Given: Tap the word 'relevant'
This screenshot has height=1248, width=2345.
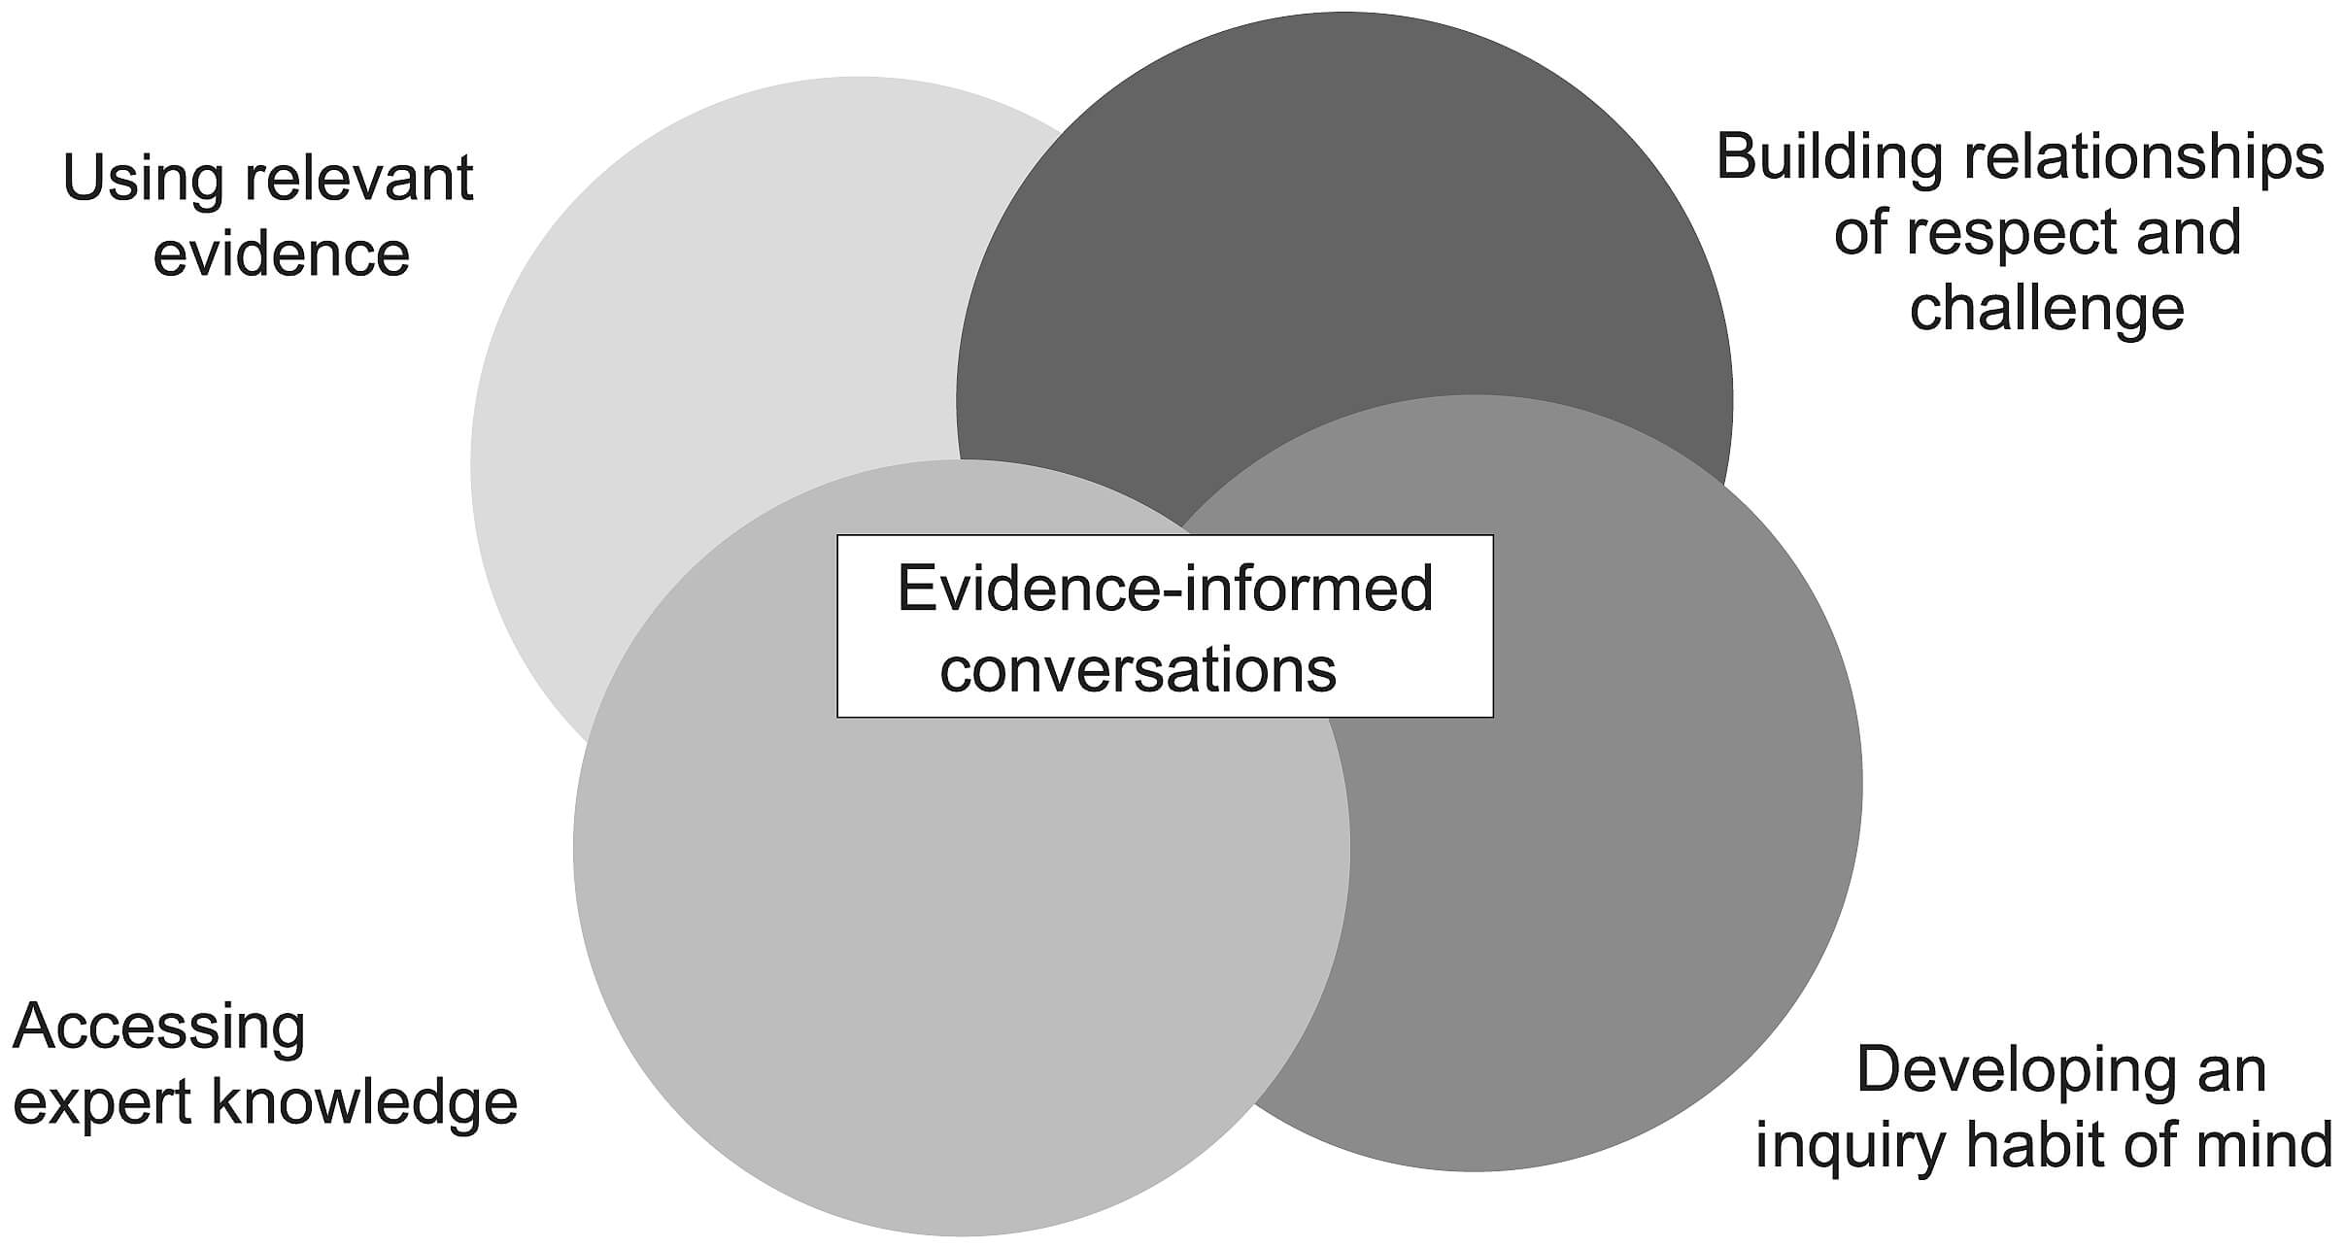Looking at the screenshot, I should tap(359, 180).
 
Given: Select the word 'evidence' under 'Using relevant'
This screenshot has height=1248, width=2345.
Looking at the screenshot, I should tap(282, 254).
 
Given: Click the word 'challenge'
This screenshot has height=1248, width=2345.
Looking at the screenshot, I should tap(2047, 309).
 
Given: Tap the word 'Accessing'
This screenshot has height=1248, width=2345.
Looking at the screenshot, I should tap(159, 1027).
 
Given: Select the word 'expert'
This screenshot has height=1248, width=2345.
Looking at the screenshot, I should tap(101, 1103).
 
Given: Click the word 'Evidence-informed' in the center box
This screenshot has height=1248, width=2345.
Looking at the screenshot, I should tap(1165, 589).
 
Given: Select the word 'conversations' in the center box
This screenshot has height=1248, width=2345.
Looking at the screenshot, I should tap(1138, 669).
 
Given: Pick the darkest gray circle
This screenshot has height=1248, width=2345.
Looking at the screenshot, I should tap(1360, 243).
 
